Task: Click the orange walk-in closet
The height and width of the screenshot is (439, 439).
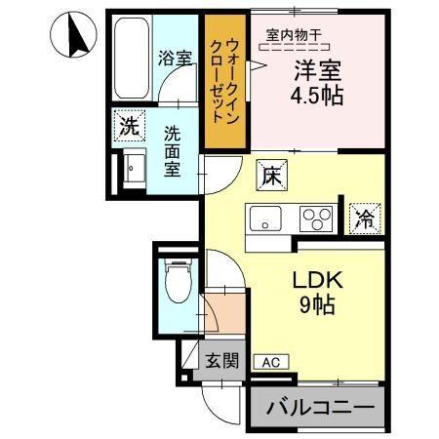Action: click(x=225, y=83)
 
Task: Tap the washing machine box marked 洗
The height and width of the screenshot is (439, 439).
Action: click(x=128, y=125)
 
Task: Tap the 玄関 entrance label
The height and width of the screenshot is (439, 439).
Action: click(x=221, y=359)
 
